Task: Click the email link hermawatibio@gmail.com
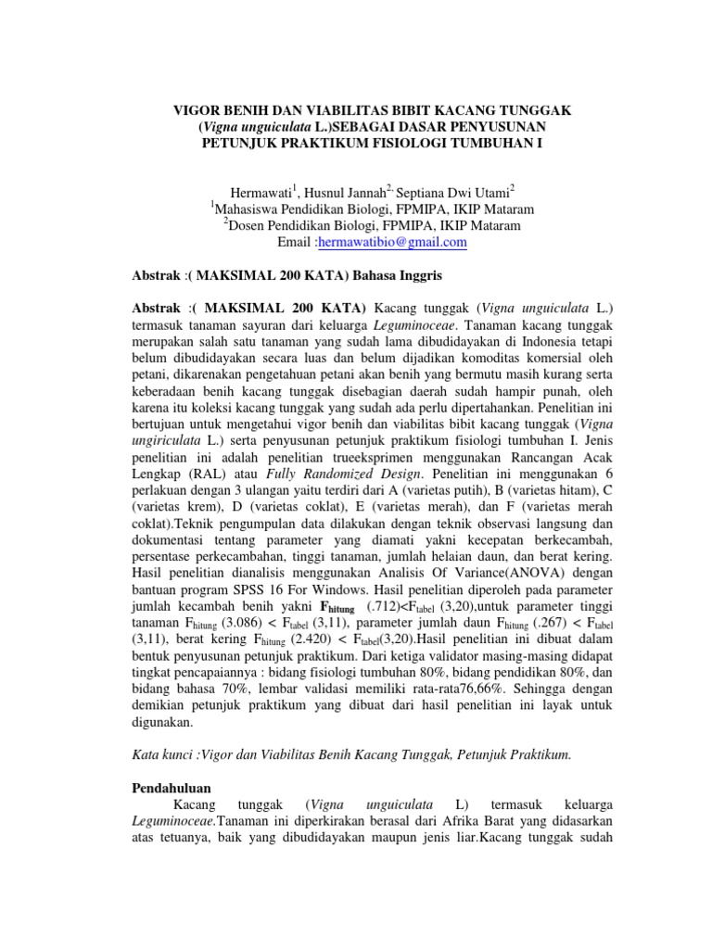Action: click(392, 243)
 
